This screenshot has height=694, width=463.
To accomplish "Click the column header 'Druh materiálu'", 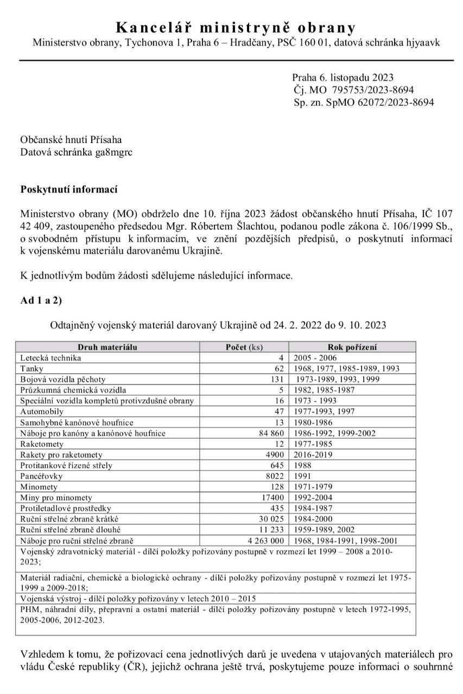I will pos(107,347).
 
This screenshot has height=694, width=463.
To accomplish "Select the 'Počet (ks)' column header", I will pos(244,347).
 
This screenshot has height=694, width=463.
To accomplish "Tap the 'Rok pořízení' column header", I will pos(352,347).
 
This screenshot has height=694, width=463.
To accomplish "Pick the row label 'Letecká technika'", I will pos(50,358).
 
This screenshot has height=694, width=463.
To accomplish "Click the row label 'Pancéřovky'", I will pos(41,476).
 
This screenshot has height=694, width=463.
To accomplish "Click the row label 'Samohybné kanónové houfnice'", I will pos(77,422).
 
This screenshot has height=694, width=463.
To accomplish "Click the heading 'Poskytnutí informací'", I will pos(69,190).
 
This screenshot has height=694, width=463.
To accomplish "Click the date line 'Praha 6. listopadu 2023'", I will pos(343,78).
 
